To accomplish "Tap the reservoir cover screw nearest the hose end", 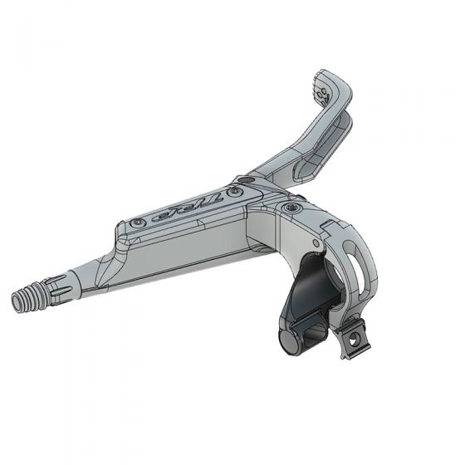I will [136, 224].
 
